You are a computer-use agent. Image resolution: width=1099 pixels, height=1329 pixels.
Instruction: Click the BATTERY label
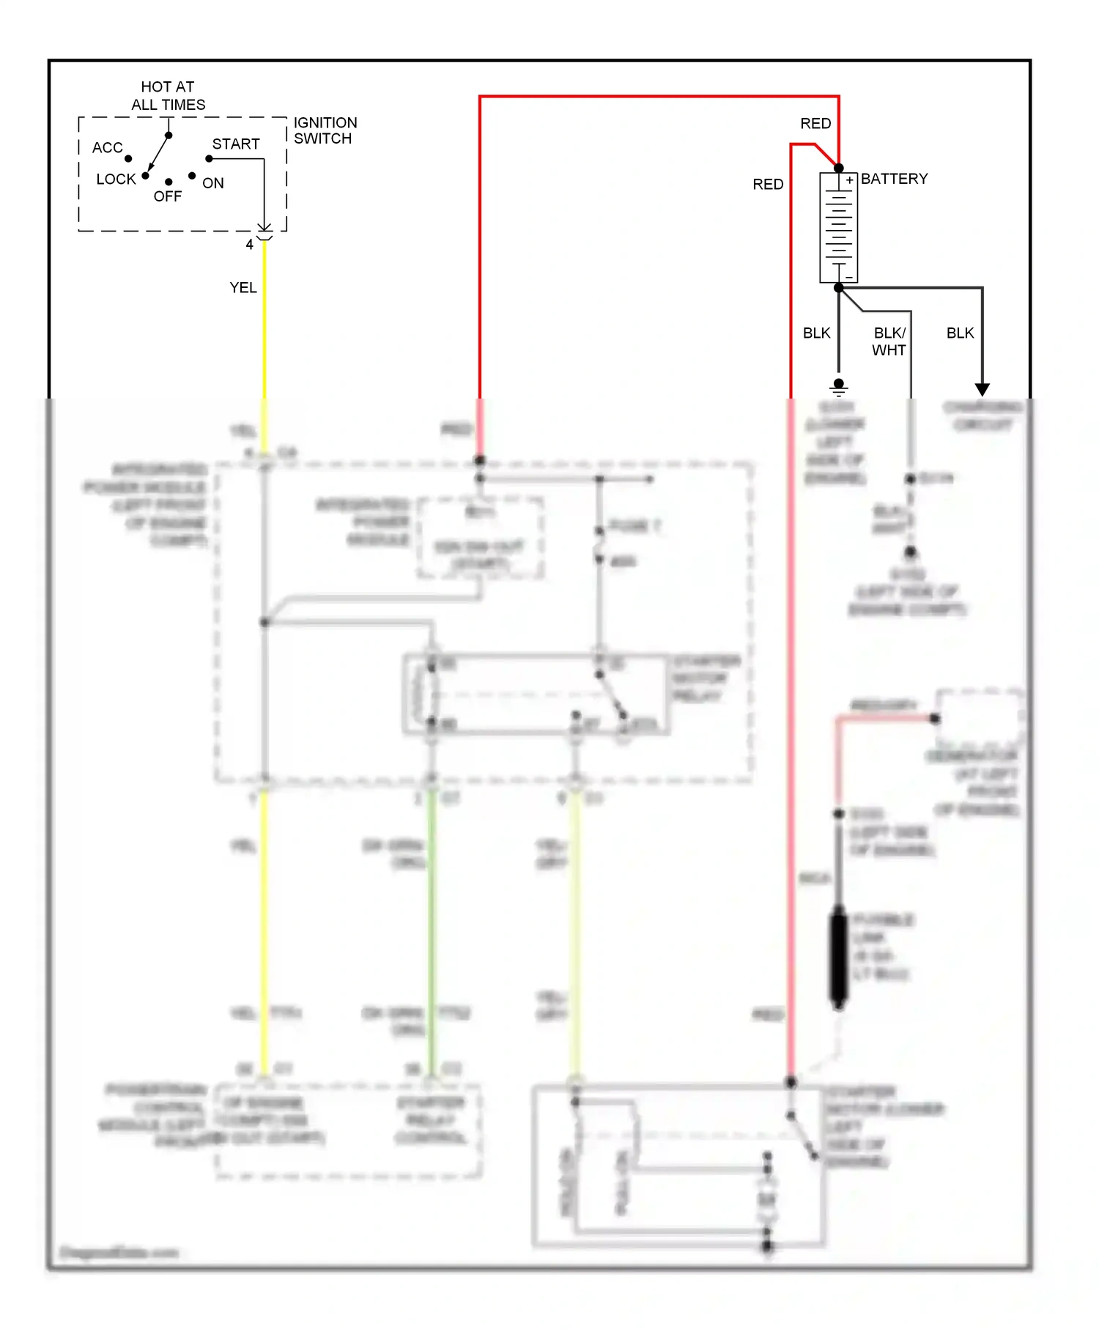tap(894, 179)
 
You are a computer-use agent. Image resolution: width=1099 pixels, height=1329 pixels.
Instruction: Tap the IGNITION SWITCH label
tap(325, 130)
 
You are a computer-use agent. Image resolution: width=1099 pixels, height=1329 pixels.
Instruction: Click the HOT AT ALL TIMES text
tap(168, 95)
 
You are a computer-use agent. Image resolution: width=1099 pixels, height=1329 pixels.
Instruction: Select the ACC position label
tap(107, 148)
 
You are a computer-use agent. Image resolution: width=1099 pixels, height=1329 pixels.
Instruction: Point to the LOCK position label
tap(116, 179)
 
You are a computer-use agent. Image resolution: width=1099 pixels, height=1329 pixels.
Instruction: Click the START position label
tap(236, 144)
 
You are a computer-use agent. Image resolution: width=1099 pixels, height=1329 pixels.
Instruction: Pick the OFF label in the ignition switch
tap(167, 196)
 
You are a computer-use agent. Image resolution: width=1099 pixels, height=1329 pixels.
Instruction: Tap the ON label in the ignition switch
tap(213, 183)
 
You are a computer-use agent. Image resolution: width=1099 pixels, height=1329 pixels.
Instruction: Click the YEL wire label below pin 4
tap(243, 288)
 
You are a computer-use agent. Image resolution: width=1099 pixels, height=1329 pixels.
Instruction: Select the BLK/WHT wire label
tap(889, 341)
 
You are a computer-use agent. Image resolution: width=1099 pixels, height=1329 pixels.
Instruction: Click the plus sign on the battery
tap(849, 180)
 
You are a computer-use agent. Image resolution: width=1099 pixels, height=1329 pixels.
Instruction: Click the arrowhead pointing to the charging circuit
tap(982, 389)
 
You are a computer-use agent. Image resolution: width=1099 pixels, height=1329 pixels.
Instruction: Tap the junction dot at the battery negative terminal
tap(839, 288)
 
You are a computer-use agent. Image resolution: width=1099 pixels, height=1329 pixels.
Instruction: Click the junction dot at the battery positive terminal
tap(839, 168)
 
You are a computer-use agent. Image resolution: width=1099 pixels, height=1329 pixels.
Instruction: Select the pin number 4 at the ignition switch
tap(249, 245)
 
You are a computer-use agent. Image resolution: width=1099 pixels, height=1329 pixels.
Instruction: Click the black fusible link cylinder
tap(839, 957)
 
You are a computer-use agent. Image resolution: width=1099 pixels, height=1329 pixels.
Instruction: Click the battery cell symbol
tap(838, 227)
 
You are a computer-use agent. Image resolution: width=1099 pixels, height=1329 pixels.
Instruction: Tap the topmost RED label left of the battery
tap(815, 124)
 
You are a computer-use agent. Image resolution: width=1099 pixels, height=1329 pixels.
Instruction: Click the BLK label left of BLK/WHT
tap(816, 333)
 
